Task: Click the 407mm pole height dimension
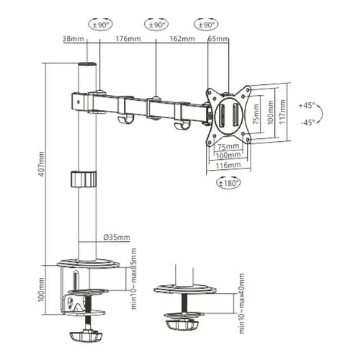(x=41, y=167)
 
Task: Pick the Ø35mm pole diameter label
(x=115, y=238)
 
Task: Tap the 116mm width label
(x=229, y=165)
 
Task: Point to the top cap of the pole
(x=86, y=67)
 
